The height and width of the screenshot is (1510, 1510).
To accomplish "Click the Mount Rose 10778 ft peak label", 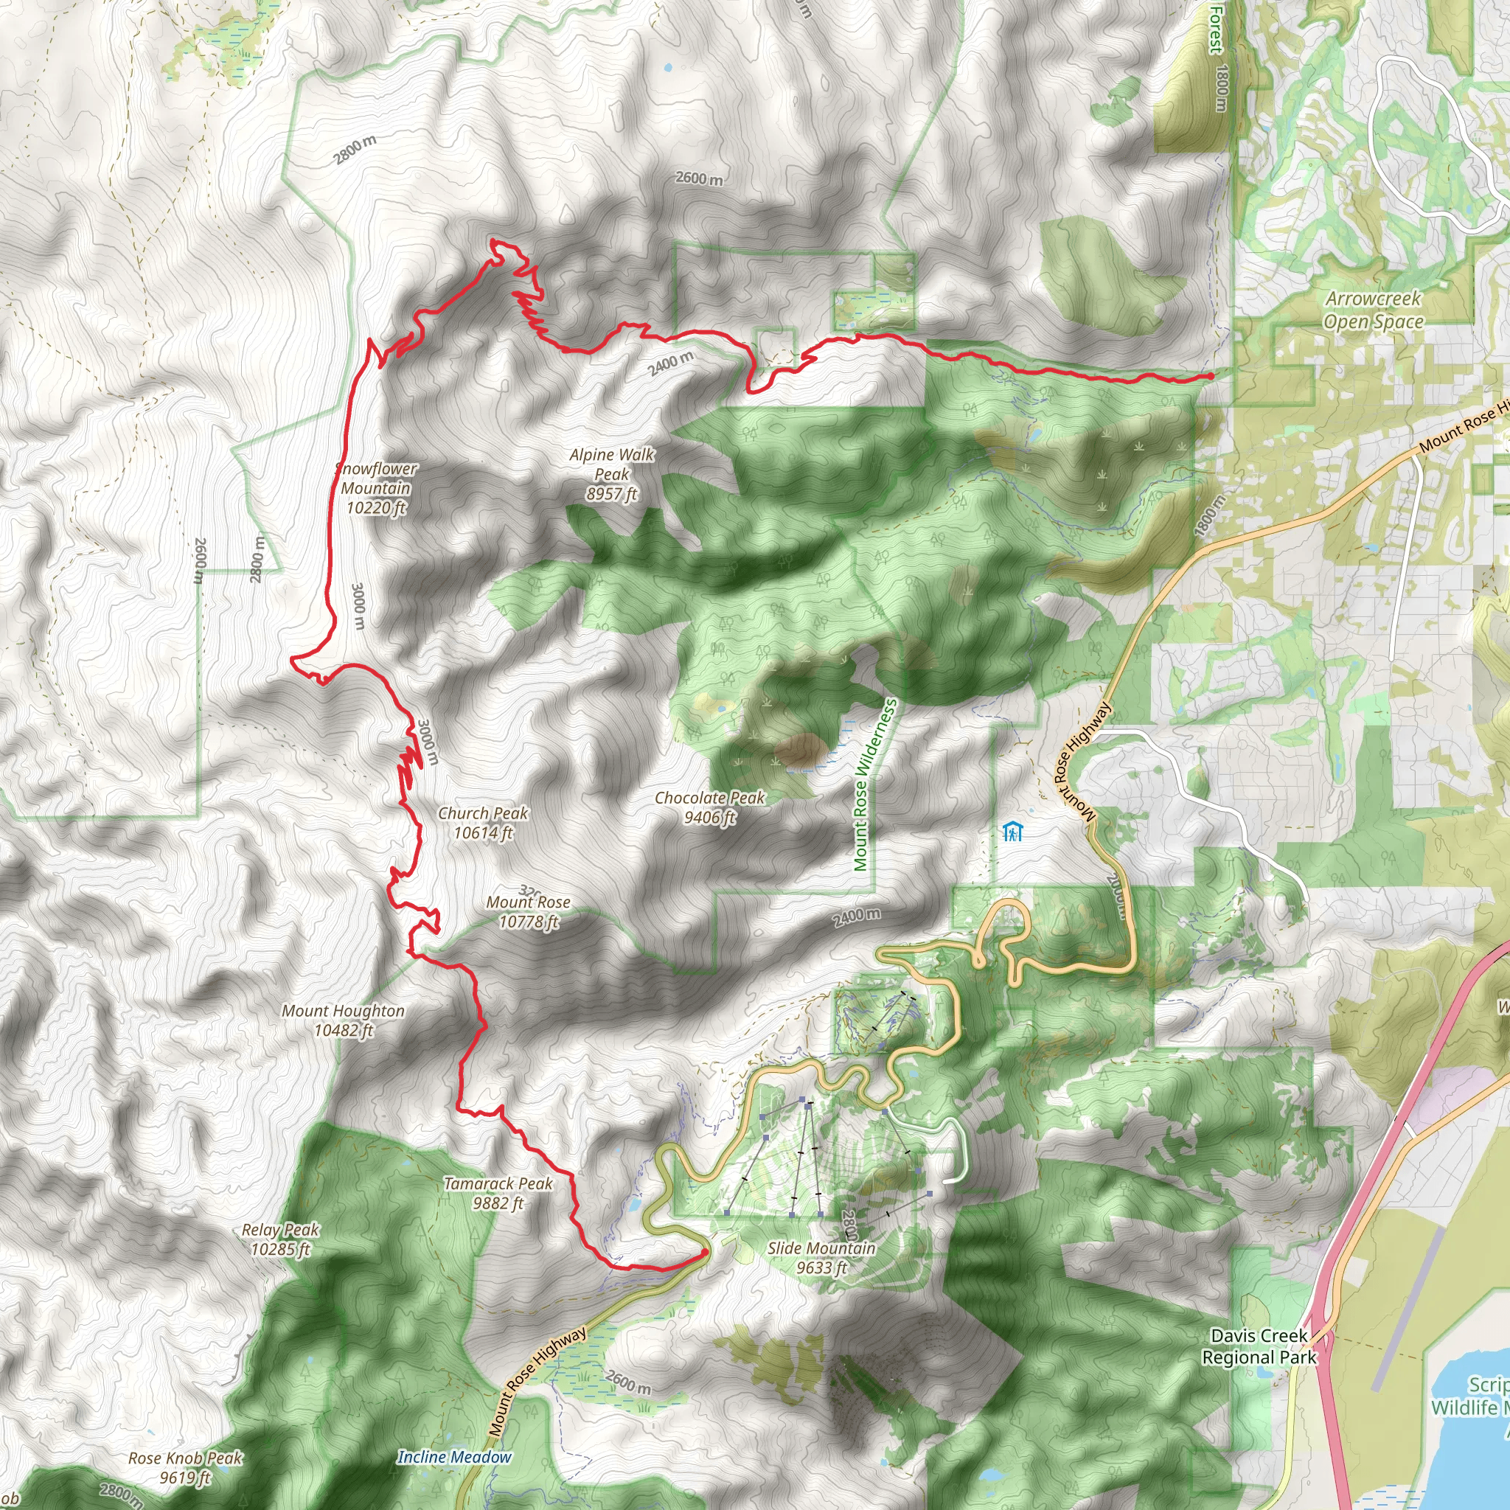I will point(529,911).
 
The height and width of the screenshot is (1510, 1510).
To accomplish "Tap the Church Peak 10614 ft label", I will point(483,822).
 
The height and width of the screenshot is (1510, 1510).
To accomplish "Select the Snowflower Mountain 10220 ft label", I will point(376,487).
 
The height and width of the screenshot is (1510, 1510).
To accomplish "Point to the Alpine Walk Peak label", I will point(612,473).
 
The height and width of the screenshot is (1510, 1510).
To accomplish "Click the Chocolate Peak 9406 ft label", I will point(710,807).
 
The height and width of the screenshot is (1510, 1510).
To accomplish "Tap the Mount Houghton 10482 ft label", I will point(343,1020).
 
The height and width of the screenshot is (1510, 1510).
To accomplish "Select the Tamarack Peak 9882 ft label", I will point(498,1193).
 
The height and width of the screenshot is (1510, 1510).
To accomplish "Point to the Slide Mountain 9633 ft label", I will point(821,1258).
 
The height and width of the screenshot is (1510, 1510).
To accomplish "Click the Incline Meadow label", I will point(454,1457).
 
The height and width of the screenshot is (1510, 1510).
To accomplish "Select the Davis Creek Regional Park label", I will point(1259,1346).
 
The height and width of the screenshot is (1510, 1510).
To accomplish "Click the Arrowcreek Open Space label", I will point(1373,310).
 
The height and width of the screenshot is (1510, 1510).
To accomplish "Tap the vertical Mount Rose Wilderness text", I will point(874,784).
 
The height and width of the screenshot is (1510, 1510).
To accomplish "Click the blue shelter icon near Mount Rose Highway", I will point(1012,832).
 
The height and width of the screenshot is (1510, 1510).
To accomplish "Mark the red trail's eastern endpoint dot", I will point(1211,376).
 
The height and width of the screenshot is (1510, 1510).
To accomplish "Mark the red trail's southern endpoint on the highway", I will point(705,1252).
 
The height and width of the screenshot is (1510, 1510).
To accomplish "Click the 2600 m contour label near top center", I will point(699,178).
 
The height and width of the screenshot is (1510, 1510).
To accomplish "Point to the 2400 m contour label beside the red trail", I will point(672,363).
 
